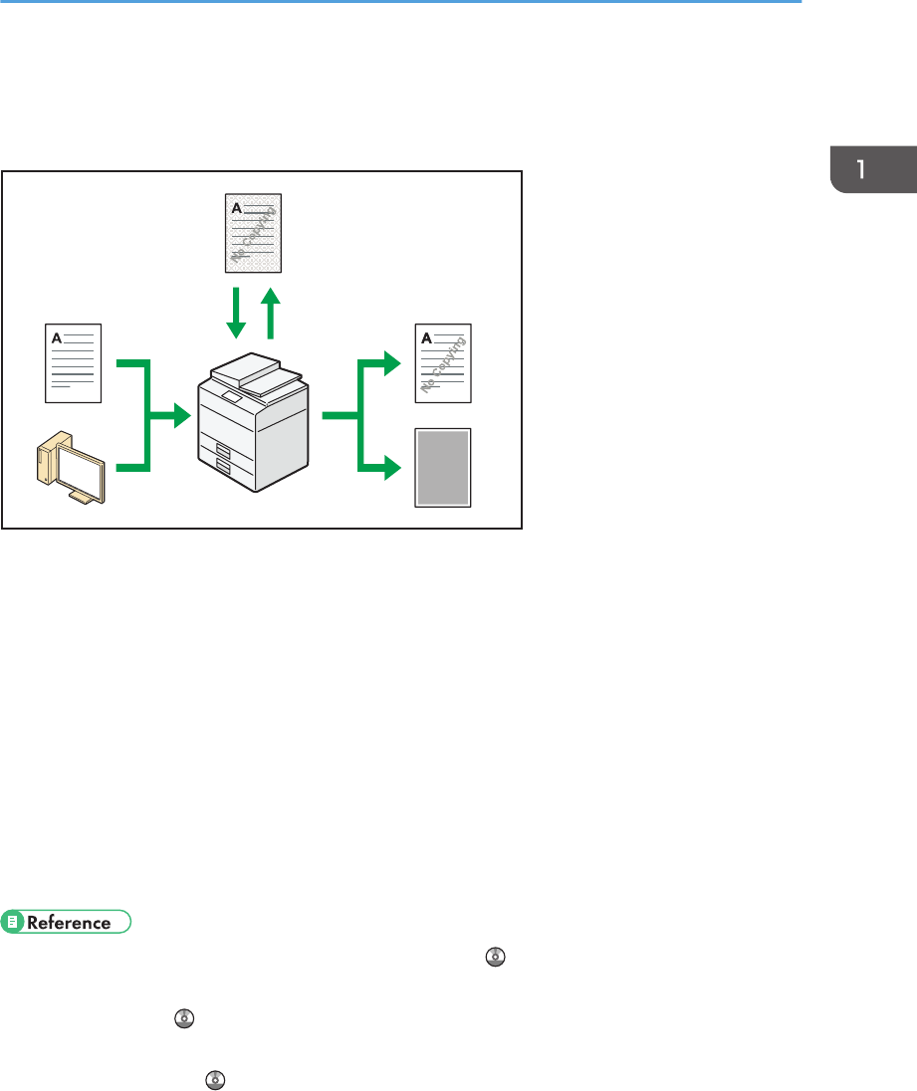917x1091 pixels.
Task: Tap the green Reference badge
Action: point(67,922)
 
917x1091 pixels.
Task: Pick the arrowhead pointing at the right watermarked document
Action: point(391,363)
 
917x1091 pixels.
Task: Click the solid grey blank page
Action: point(443,468)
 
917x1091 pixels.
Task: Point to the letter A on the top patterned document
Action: point(237,208)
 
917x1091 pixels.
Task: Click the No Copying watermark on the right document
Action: point(445,367)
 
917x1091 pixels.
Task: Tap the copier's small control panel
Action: point(232,396)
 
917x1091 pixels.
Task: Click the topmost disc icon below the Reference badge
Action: point(496,957)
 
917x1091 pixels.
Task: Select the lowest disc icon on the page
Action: point(212,1078)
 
